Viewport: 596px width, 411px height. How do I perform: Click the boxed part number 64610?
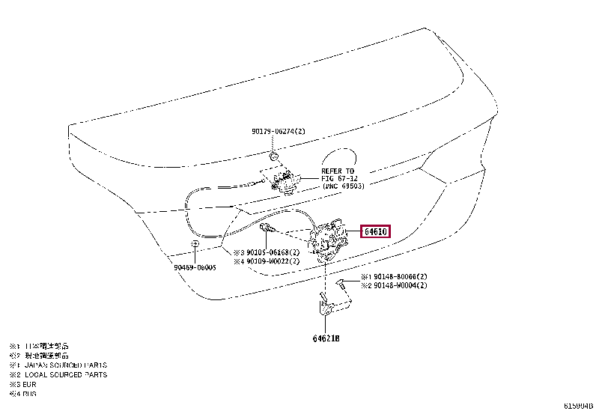pos(376,232)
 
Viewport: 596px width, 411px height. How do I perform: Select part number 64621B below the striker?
pos(326,338)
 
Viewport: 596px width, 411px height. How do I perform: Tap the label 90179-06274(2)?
pos(279,132)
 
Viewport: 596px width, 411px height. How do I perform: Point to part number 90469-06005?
pos(195,267)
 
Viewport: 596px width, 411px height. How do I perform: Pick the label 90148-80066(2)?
pos(400,276)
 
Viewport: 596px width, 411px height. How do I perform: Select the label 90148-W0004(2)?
pos(400,285)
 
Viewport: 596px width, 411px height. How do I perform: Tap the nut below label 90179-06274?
pos(275,156)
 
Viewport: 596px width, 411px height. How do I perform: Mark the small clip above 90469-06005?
pos(195,244)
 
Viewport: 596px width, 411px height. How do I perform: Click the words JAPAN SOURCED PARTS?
pos(65,365)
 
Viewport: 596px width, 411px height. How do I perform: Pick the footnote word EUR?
pos(29,384)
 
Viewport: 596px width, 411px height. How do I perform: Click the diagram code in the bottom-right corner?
pos(577,405)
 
